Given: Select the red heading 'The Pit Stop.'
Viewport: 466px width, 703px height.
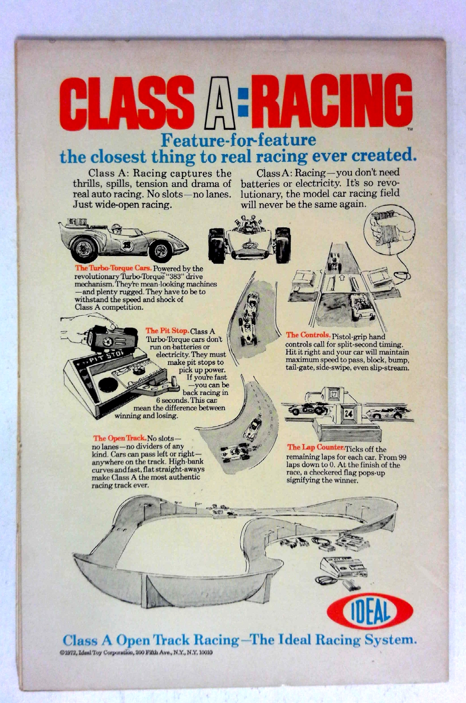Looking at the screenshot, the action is coord(167,331).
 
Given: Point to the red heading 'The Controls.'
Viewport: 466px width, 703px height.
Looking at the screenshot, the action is coord(308,335).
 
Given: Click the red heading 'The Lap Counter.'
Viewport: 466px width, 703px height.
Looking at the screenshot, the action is coord(316,447).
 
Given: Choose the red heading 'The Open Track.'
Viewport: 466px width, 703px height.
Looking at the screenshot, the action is coord(119,438).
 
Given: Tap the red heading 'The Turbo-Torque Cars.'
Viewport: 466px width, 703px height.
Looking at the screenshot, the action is coord(113,268).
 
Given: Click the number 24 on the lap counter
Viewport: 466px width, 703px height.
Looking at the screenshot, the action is coord(349,413).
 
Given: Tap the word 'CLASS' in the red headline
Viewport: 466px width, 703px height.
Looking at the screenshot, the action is coord(127,103).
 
